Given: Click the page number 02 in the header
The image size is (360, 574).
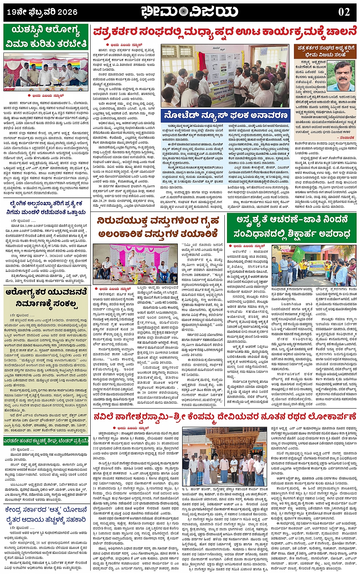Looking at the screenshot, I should point(344,12).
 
